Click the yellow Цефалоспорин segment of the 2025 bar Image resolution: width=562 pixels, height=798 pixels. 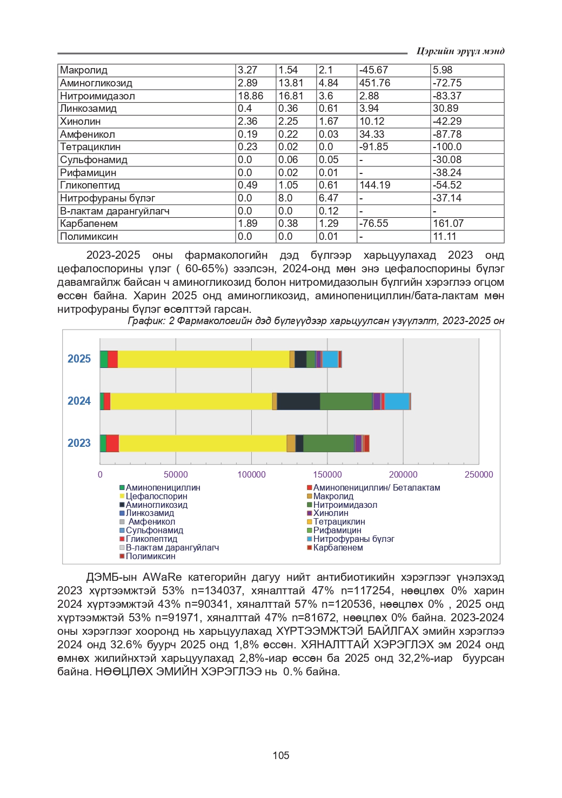point(203,359)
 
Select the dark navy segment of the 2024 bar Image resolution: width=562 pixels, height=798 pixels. point(298,401)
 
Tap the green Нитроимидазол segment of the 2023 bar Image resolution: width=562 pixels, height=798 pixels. point(329,443)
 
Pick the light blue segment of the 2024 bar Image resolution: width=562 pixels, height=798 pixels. point(397,401)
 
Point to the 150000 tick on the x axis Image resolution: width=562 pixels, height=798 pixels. point(327,474)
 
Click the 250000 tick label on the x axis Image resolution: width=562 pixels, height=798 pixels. point(479,474)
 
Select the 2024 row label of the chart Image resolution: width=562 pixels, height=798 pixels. point(79,401)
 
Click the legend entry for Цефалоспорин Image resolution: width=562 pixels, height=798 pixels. point(156,496)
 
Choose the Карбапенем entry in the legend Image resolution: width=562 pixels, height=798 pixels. point(338,547)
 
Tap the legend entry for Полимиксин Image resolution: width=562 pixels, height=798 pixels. point(150,556)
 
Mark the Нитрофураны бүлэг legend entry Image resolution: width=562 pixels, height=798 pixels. point(353,539)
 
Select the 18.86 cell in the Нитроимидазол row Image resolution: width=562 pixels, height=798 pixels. point(250,96)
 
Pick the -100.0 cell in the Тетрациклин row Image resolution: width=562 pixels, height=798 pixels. point(447,147)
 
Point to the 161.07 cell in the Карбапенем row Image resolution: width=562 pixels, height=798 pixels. point(448,224)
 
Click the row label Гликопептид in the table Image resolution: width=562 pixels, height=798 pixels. point(90,185)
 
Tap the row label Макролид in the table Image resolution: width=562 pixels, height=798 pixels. point(84,70)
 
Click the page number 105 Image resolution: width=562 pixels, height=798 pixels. point(281,755)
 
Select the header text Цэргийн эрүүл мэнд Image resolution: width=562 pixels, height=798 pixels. point(460,51)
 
